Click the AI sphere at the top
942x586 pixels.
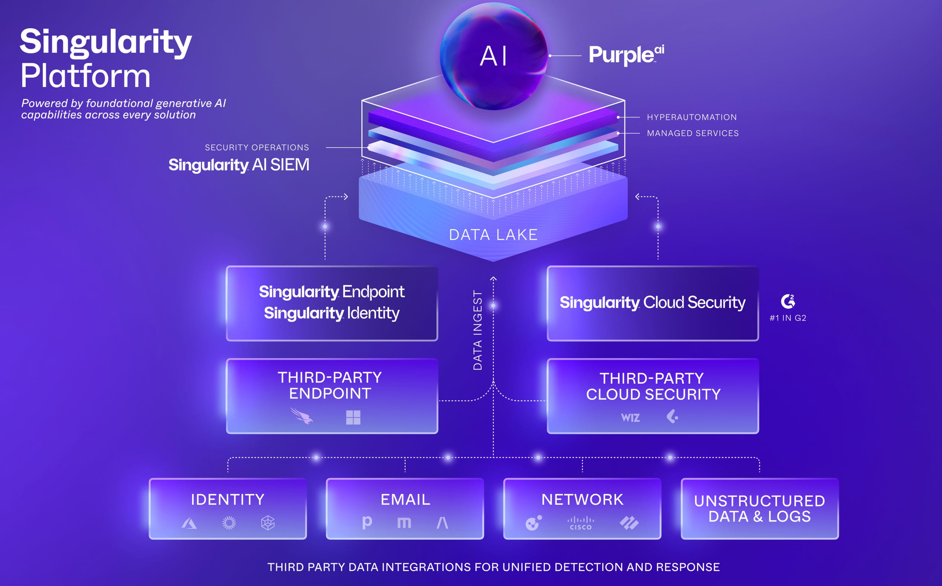click(493, 56)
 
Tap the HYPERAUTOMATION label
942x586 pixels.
click(691, 117)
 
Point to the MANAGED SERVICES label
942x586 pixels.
click(692, 133)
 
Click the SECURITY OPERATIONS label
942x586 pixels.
click(257, 148)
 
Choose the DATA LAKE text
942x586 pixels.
click(493, 235)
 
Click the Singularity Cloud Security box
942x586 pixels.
click(652, 303)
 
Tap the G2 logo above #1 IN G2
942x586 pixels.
click(788, 301)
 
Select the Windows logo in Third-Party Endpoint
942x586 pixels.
click(353, 417)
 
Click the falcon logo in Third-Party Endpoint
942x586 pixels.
click(302, 416)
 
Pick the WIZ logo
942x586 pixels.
click(630, 418)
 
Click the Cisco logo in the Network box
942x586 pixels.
click(580, 523)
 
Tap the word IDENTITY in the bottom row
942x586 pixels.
click(228, 500)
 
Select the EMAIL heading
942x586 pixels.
click(405, 500)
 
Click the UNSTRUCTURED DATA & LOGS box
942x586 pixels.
click(759, 508)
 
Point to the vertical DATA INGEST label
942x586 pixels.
click(477, 330)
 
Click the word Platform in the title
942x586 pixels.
click(85, 76)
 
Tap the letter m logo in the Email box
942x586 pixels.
click(404, 523)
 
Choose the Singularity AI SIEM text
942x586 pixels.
click(239, 165)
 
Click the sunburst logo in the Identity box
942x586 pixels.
click(229, 523)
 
